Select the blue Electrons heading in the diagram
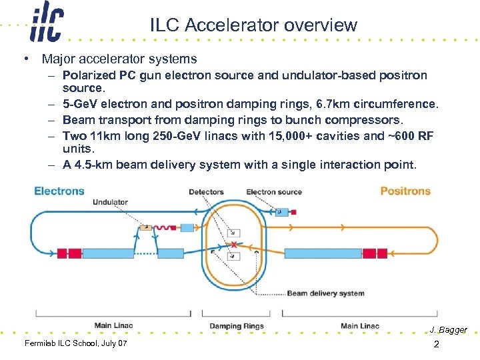click(x=59, y=191)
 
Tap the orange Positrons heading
click(x=405, y=191)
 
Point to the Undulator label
click(x=111, y=202)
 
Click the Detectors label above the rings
click(x=206, y=192)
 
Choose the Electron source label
click(x=274, y=192)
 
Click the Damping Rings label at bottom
click(x=237, y=326)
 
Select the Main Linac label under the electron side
click(x=113, y=326)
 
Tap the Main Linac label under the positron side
click(x=360, y=326)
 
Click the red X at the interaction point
click(x=233, y=245)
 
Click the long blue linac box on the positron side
click(x=323, y=253)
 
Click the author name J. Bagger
click(x=448, y=330)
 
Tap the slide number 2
click(x=436, y=345)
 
